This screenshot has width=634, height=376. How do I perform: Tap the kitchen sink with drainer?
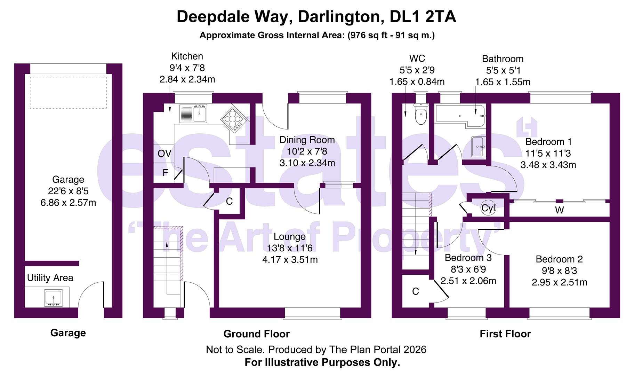point(193,113)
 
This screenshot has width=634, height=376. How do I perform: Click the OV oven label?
point(164,154)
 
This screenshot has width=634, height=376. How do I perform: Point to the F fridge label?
point(166,173)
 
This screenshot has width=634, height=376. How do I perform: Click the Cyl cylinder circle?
point(488,208)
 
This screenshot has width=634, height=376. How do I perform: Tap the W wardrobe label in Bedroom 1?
point(559,210)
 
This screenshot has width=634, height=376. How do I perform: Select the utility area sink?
point(53,298)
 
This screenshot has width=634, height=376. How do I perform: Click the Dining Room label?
point(307,140)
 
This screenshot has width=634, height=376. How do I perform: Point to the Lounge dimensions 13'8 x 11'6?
point(289,248)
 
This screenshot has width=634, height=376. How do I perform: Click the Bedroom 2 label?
point(559,259)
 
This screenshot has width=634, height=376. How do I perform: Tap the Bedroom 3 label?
point(468,258)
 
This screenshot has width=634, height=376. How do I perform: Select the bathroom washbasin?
point(478,147)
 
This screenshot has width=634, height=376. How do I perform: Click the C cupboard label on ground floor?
point(229,201)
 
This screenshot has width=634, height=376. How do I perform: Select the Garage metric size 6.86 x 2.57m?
point(68,203)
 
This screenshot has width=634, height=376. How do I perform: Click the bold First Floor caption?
point(505,334)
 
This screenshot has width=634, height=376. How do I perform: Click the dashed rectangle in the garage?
point(68,93)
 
